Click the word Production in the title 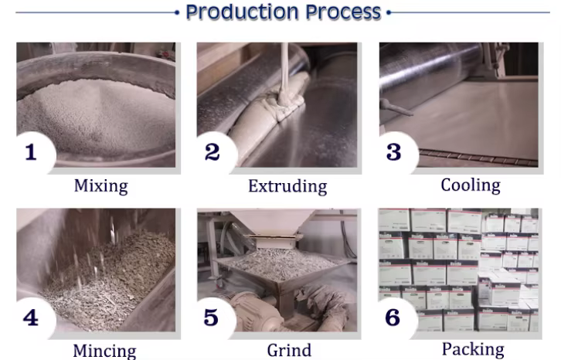(242, 12)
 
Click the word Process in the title (343, 12)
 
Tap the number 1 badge (34, 152)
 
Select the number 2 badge (215, 152)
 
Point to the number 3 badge (396, 152)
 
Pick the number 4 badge (34, 318)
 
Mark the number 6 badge (396, 318)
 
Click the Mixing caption (101, 186)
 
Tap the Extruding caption (287, 186)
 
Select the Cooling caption (471, 185)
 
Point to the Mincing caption (104, 351)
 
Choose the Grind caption (289, 350)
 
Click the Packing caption (473, 350)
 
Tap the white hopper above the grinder (273, 223)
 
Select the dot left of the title (177, 12)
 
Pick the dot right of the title (389, 12)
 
